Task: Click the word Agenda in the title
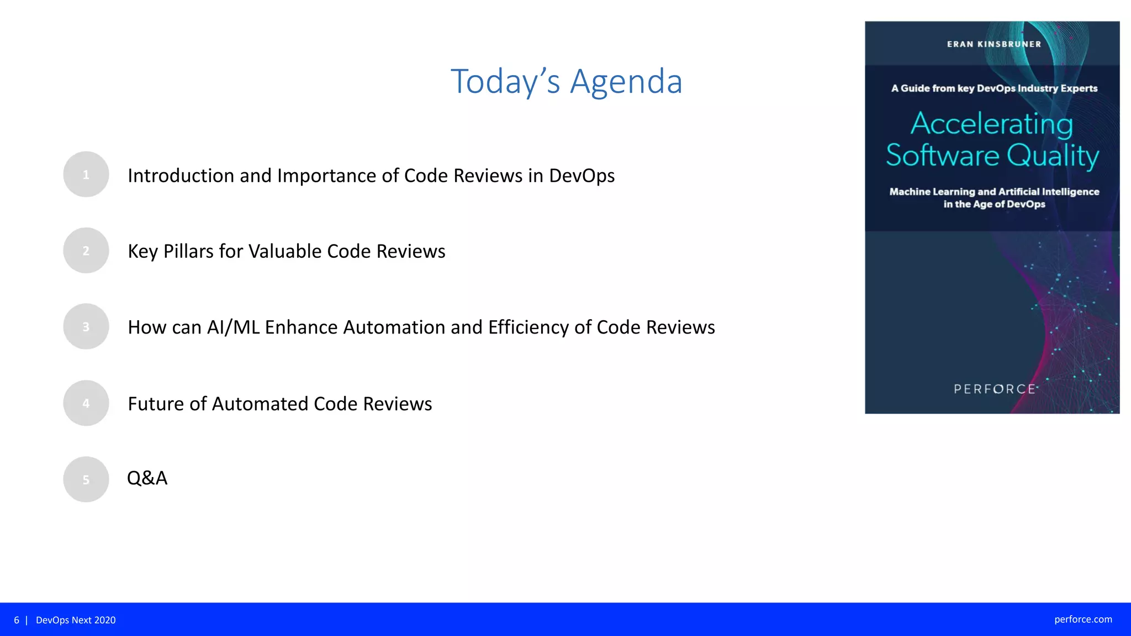click(626, 82)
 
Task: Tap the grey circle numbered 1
click(86, 174)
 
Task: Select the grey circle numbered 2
click(86, 251)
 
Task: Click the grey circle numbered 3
click(86, 327)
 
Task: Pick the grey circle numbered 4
click(86, 403)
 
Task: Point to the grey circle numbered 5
click(86, 479)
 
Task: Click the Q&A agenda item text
click(147, 478)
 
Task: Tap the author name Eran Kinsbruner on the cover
click(993, 44)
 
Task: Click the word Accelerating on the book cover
click(992, 124)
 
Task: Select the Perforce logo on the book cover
click(995, 389)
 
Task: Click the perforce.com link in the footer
click(1083, 619)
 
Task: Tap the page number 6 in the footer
click(17, 620)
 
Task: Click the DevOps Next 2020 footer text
click(76, 620)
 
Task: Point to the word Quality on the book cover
click(1053, 156)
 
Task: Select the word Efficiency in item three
click(528, 327)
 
